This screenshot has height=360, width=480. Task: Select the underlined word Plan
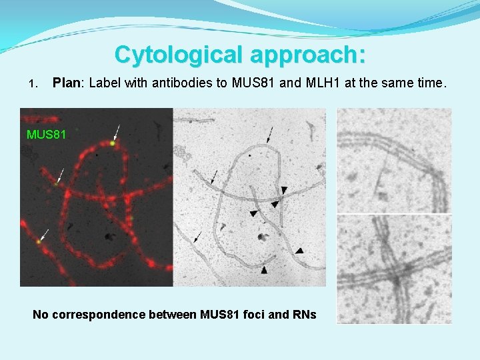coord(67,83)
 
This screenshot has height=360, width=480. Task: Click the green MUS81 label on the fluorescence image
coord(47,135)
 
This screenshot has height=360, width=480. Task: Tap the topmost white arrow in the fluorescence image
coord(118,131)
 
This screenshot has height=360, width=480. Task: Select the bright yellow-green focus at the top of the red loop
coord(113,142)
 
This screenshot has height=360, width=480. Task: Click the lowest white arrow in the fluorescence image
coord(44,234)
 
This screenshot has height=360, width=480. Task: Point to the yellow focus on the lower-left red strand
coord(39,242)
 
